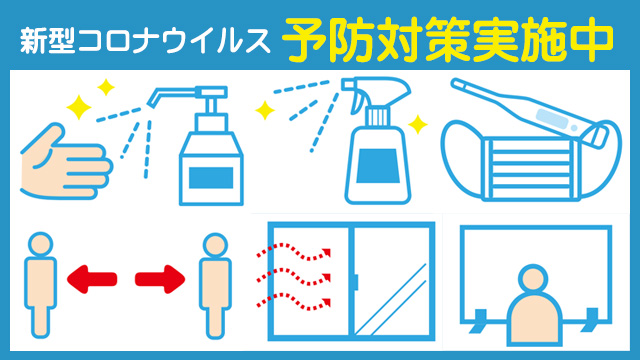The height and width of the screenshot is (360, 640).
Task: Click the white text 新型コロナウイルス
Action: pos(144,41)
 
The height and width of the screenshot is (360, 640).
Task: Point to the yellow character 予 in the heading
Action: pos(304,39)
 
